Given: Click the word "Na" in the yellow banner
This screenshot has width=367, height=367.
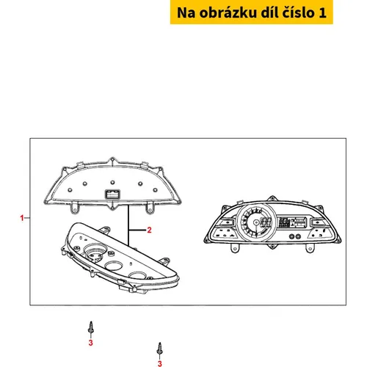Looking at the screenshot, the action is coord(186,12).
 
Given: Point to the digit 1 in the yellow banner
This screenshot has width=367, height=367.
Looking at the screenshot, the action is coord(323,12).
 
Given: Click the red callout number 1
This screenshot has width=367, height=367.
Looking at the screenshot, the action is coord(22,218).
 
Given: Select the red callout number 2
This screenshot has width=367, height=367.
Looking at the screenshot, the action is coord(149,230).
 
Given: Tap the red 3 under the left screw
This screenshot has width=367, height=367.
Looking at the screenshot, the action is coord(91,343).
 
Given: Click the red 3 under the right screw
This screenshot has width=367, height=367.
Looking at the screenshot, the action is coord(160,363).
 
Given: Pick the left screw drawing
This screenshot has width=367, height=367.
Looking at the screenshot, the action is coord(91,327).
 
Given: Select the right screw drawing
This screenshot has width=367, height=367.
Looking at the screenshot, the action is coord(160,349).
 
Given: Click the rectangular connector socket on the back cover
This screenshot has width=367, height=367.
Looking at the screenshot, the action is coord(112,195).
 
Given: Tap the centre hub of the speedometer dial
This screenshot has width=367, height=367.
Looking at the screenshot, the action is coord(256,222).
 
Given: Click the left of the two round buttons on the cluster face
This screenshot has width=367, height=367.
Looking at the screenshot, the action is coord(291,236).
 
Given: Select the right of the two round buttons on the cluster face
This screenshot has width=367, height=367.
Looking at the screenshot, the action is coord(298,236).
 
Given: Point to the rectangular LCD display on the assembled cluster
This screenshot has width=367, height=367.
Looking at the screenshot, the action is coord(293,222).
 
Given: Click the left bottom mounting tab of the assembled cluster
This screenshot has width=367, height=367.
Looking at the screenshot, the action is coord(235,248).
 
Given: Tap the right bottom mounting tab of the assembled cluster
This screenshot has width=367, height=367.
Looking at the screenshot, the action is coord(310,248).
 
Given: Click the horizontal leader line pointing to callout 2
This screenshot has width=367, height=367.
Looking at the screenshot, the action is coord(137,230).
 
